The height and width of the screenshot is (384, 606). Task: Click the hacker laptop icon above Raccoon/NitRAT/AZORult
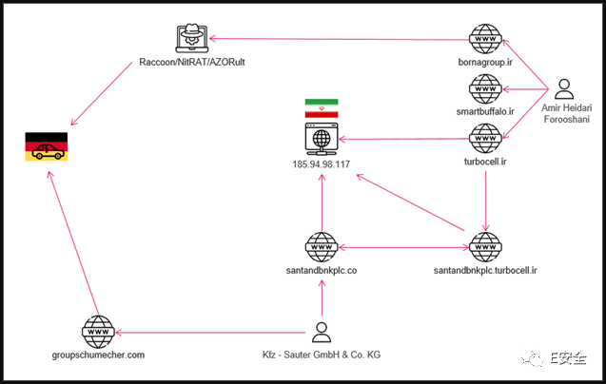click(192, 38)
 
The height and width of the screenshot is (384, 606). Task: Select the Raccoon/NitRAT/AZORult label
click(192, 62)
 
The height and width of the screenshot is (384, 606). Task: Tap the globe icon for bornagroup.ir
click(485, 39)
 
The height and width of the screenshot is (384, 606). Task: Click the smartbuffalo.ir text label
click(485, 111)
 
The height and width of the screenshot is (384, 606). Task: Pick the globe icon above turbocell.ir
click(485, 139)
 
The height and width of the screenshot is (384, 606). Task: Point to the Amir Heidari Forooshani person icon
click(564, 89)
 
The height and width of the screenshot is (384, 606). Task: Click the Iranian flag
click(322, 108)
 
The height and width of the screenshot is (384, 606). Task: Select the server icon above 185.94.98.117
click(322, 139)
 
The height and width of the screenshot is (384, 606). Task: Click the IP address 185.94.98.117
click(322, 164)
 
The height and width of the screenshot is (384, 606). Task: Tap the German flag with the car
click(47, 146)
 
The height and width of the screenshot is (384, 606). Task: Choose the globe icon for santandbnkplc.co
click(322, 247)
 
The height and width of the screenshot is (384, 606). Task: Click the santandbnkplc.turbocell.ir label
click(485, 271)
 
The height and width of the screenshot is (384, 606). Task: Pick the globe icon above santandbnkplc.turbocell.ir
click(485, 247)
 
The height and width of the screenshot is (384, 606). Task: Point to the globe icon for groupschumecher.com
click(98, 332)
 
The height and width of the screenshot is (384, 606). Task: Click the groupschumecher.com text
click(98, 355)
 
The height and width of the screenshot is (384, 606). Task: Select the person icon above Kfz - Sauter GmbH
click(322, 333)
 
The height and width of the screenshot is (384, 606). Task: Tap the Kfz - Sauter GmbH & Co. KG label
click(322, 355)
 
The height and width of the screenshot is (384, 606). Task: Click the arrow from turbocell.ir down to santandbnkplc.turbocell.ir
click(486, 201)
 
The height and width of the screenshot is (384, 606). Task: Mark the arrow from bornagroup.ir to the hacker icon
click(339, 39)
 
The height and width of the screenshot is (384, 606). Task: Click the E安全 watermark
click(554, 358)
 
